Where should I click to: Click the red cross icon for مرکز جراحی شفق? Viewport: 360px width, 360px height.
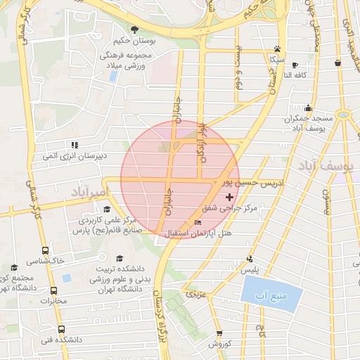click(x=229, y=197)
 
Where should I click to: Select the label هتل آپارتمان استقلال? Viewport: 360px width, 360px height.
click(x=191, y=233)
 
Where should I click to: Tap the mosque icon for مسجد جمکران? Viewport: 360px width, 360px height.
click(x=308, y=108)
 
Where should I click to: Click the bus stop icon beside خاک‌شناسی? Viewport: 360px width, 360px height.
click(x=45, y=250)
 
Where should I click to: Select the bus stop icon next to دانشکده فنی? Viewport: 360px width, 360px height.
click(x=61, y=329)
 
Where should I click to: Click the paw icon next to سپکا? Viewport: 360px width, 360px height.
click(x=278, y=49)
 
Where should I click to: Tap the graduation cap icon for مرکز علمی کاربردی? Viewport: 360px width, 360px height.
click(x=107, y=209)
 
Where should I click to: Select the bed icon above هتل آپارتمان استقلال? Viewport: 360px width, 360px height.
click(x=198, y=222)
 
